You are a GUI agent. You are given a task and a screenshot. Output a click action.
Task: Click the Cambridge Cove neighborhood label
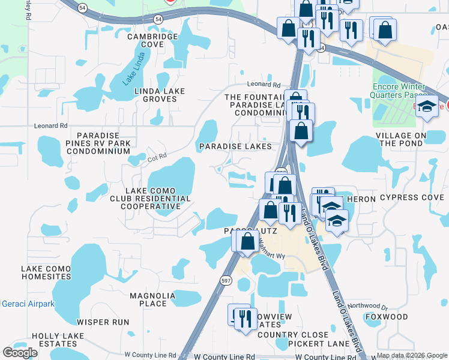152,40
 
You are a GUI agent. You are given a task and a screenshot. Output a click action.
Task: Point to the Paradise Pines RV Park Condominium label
103,143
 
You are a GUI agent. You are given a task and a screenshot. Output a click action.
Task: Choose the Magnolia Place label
148,299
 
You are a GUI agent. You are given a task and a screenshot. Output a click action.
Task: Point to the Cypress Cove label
411,198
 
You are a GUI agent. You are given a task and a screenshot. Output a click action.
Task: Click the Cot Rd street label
157,155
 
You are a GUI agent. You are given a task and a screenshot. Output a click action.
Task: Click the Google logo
20,352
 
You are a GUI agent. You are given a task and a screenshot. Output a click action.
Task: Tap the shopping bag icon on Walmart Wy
247,242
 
